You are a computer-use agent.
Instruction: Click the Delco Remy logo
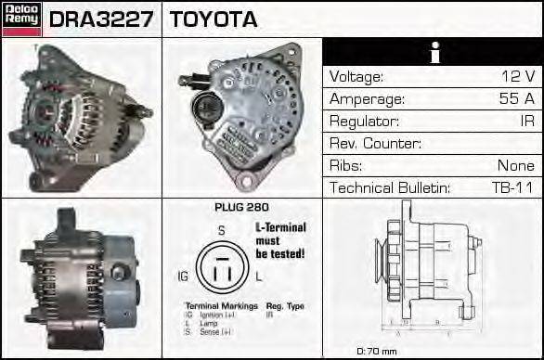(21, 19)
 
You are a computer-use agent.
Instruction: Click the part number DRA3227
(101, 19)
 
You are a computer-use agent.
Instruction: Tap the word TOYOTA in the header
(214, 19)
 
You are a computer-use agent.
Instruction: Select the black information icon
(434, 53)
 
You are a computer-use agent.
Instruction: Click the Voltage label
(356, 77)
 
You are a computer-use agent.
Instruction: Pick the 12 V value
(517, 77)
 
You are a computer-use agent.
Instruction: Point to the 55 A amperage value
(517, 99)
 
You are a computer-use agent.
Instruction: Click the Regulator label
(364, 122)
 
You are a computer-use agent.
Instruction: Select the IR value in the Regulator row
(526, 122)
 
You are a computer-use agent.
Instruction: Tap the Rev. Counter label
(375, 144)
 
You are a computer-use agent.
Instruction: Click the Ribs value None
(515, 166)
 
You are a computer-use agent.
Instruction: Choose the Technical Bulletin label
(390, 188)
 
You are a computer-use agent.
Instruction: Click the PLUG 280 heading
(241, 208)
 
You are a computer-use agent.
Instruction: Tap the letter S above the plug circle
(221, 230)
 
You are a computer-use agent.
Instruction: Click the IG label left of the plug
(183, 276)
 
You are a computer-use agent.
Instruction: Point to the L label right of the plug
(259, 276)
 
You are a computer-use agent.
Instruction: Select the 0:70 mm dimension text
(377, 351)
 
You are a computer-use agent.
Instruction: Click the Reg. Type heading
(286, 305)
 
